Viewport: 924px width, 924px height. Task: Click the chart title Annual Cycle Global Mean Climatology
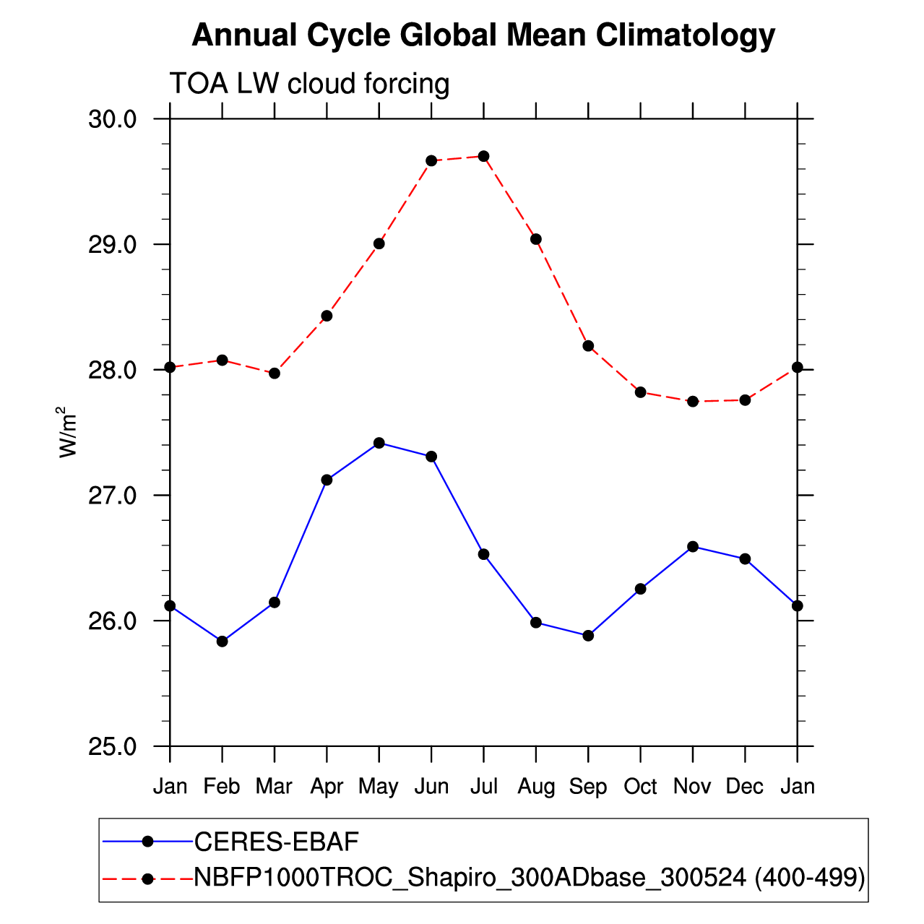[483, 35]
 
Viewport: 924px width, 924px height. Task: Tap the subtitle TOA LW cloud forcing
[309, 84]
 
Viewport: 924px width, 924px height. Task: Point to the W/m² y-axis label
[67, 432]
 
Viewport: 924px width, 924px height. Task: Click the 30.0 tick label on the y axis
[113, 119]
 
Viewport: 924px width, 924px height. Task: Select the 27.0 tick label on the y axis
[113, 496]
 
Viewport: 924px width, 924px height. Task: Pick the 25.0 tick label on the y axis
[113, 746]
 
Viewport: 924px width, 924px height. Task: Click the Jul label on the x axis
[483, 786]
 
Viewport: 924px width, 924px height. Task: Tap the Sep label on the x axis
[587, 786]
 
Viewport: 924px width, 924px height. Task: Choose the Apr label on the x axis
[327, 786]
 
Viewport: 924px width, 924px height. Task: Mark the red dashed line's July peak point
[484, 156]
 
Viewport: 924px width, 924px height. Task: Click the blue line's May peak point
[379, 443]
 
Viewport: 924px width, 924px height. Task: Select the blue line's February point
[223, 642]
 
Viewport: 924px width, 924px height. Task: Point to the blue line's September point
[588, 636]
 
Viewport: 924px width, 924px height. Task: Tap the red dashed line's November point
[693, 402]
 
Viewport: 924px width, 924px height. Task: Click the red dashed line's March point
[275, 374]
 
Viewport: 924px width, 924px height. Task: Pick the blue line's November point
[693, 546]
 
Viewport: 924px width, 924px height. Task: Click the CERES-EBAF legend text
[277, 842]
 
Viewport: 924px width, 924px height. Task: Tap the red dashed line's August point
[536, 239]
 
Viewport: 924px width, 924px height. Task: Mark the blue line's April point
[327, 480]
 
